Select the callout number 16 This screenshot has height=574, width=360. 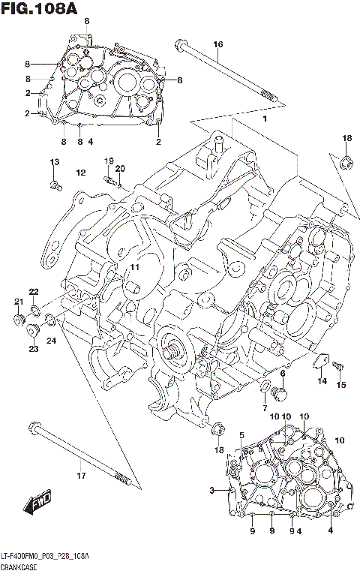click(218, 45)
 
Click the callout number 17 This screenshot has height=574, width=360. click(81, 475)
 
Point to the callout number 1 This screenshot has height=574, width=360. click(264, 119)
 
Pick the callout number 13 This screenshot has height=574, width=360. click(54, 163)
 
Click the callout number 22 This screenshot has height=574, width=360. click(34, 291)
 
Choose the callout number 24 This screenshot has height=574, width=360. click(52, 341)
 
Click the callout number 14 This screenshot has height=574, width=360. click(321, 382)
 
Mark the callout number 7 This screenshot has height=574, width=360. click(264, 407)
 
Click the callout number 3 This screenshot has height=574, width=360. click(213, 491)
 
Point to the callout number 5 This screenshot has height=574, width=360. click(241, 435)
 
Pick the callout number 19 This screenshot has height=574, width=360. click(108, 161)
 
